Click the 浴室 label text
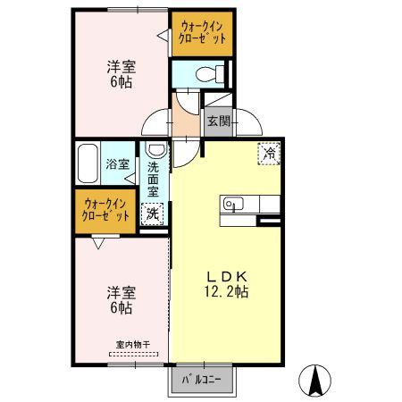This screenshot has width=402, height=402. tap(118, 163)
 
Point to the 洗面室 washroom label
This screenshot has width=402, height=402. tap(153, 179)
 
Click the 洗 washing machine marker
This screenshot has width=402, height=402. tap(153, 214)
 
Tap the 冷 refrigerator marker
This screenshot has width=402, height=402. tap(269, 153)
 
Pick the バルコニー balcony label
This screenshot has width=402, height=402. tap(202, 379)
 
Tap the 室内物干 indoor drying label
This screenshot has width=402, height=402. tap(132, 344)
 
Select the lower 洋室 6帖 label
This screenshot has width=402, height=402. tap(121, 299)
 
